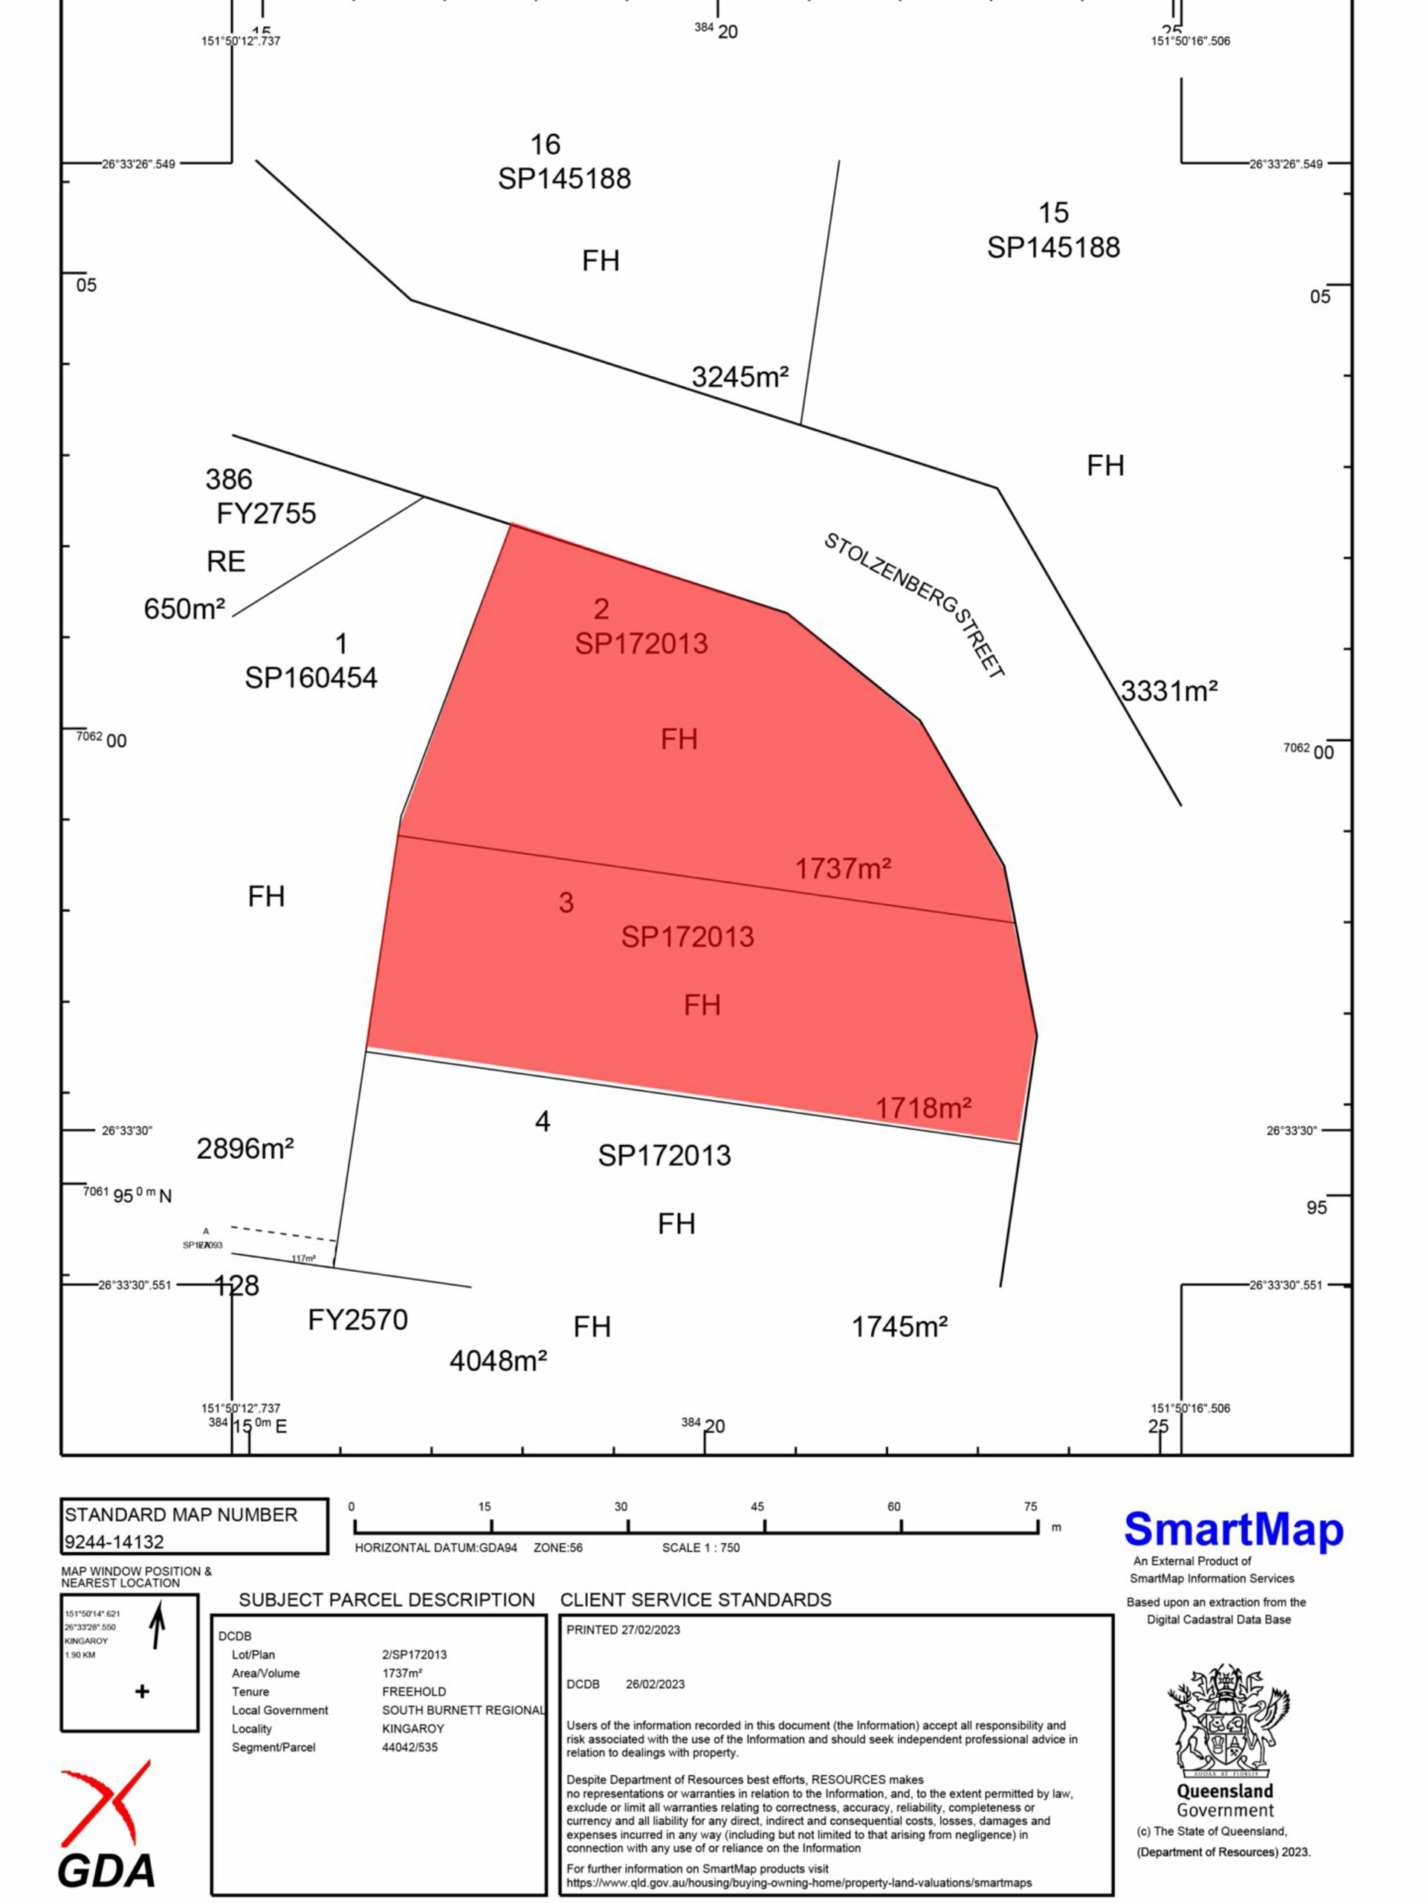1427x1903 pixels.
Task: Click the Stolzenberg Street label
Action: [914, 605]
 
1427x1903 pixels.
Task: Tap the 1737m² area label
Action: [842, 869]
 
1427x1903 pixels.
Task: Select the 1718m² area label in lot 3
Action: [923, 1108]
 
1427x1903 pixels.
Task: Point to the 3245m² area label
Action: [740, 377]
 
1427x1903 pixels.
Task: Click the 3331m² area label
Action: [1169, 691]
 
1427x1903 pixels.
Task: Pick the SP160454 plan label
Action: [311, 678]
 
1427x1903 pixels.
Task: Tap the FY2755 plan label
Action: [266, 514]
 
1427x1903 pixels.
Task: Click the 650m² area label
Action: [184, 609]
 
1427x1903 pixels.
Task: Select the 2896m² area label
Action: [245, 1148]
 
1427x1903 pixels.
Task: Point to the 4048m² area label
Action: [498, 1361]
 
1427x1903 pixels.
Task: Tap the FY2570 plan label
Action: [357, 1319]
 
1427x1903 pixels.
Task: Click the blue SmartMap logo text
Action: [1234, 1530]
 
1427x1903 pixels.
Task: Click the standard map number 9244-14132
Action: [114, 1542]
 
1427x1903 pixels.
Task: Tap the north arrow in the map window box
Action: [158, 1626]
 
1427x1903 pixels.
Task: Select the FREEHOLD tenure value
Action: [414, 1691]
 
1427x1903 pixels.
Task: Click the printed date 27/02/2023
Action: [650, 1629]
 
